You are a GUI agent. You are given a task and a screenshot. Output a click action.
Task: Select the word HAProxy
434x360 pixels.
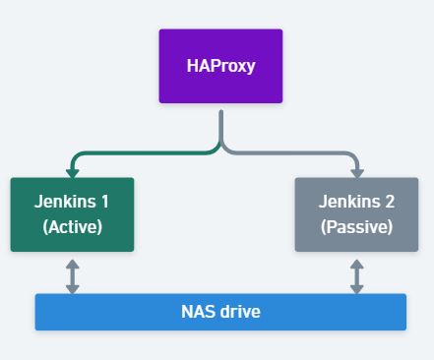pos(220,67)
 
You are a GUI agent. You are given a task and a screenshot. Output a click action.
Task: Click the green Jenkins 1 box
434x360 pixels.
pos(72,214)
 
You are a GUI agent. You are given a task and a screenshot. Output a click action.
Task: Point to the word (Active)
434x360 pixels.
pos(72,226)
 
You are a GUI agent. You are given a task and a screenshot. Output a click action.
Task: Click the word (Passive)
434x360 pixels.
pos(356,226)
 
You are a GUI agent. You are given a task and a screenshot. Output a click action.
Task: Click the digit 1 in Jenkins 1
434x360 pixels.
pos(104,202)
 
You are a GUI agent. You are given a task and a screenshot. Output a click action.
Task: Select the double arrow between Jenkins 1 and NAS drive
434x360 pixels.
pos(72,276)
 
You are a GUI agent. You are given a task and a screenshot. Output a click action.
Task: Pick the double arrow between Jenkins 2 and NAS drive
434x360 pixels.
pos(356,276)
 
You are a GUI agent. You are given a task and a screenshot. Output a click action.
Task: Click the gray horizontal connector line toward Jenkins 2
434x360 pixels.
pos(295,153)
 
